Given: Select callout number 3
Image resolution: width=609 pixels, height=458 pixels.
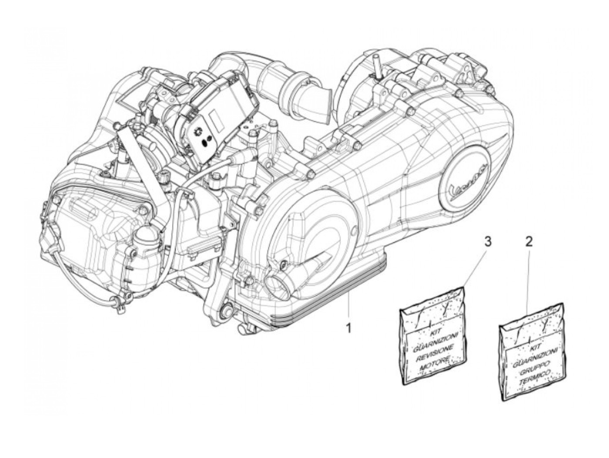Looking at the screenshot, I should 488,241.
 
